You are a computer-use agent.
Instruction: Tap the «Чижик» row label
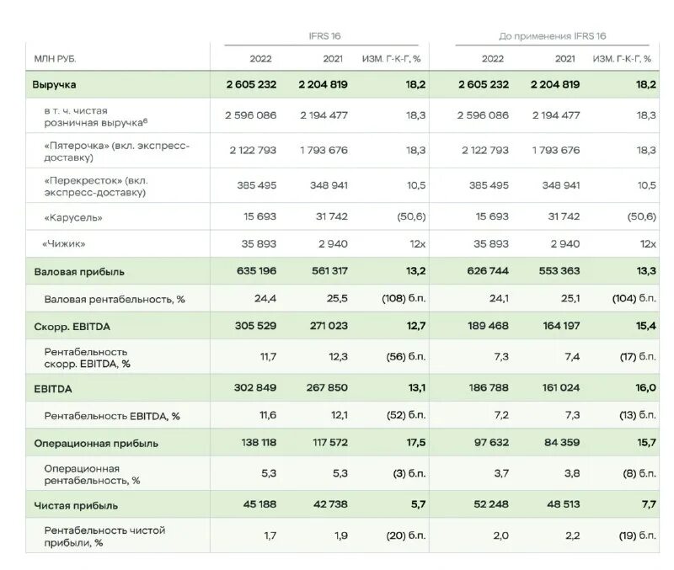point(64,243)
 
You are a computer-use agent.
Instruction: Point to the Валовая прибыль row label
point(79,272)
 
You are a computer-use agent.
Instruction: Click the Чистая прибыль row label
point(76,505)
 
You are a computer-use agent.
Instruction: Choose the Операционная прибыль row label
point(96,443)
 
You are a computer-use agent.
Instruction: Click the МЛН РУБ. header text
point(56,58)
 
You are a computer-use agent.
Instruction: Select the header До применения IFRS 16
point(552,36)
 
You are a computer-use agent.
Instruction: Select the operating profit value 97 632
point(487,443)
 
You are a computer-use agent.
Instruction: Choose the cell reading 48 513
point(557,505)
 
